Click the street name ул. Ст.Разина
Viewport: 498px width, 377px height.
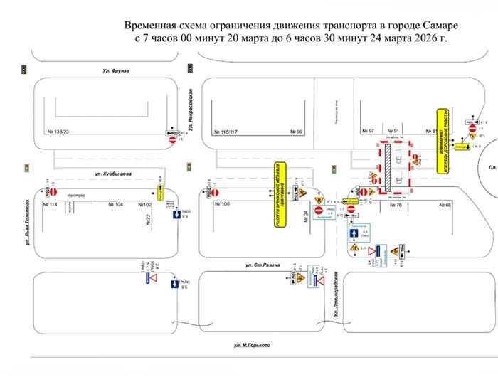(263, 265)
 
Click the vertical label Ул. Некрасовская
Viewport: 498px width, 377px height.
(191, 107)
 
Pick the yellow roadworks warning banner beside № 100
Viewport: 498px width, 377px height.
(280, 194)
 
